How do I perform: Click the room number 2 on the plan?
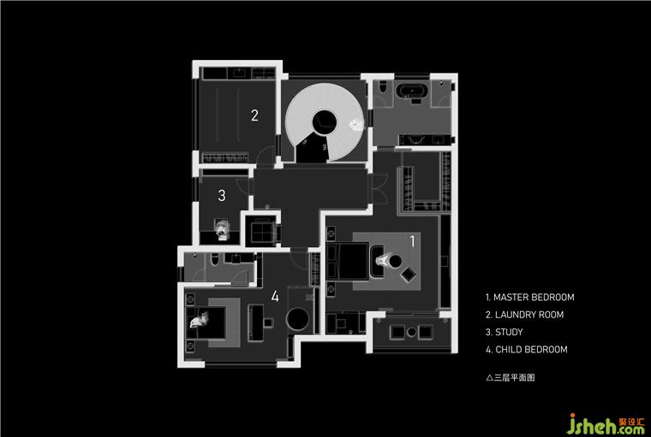[254, 115]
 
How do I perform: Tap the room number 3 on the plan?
[222, 195]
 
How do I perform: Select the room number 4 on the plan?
[275, 296]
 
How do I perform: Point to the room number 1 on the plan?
[412, 241]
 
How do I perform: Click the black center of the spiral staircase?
[325, 122]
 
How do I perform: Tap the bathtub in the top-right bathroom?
[411, 91]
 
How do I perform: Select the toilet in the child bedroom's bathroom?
[215, 259]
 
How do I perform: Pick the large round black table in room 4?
[298, 319]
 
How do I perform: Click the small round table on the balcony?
[411, 332]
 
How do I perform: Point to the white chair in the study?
[222, 229]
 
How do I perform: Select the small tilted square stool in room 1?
[408, 275]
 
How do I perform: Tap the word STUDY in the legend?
[509, 332]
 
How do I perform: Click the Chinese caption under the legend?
[511, 377]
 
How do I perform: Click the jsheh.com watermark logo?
[606, 424]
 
